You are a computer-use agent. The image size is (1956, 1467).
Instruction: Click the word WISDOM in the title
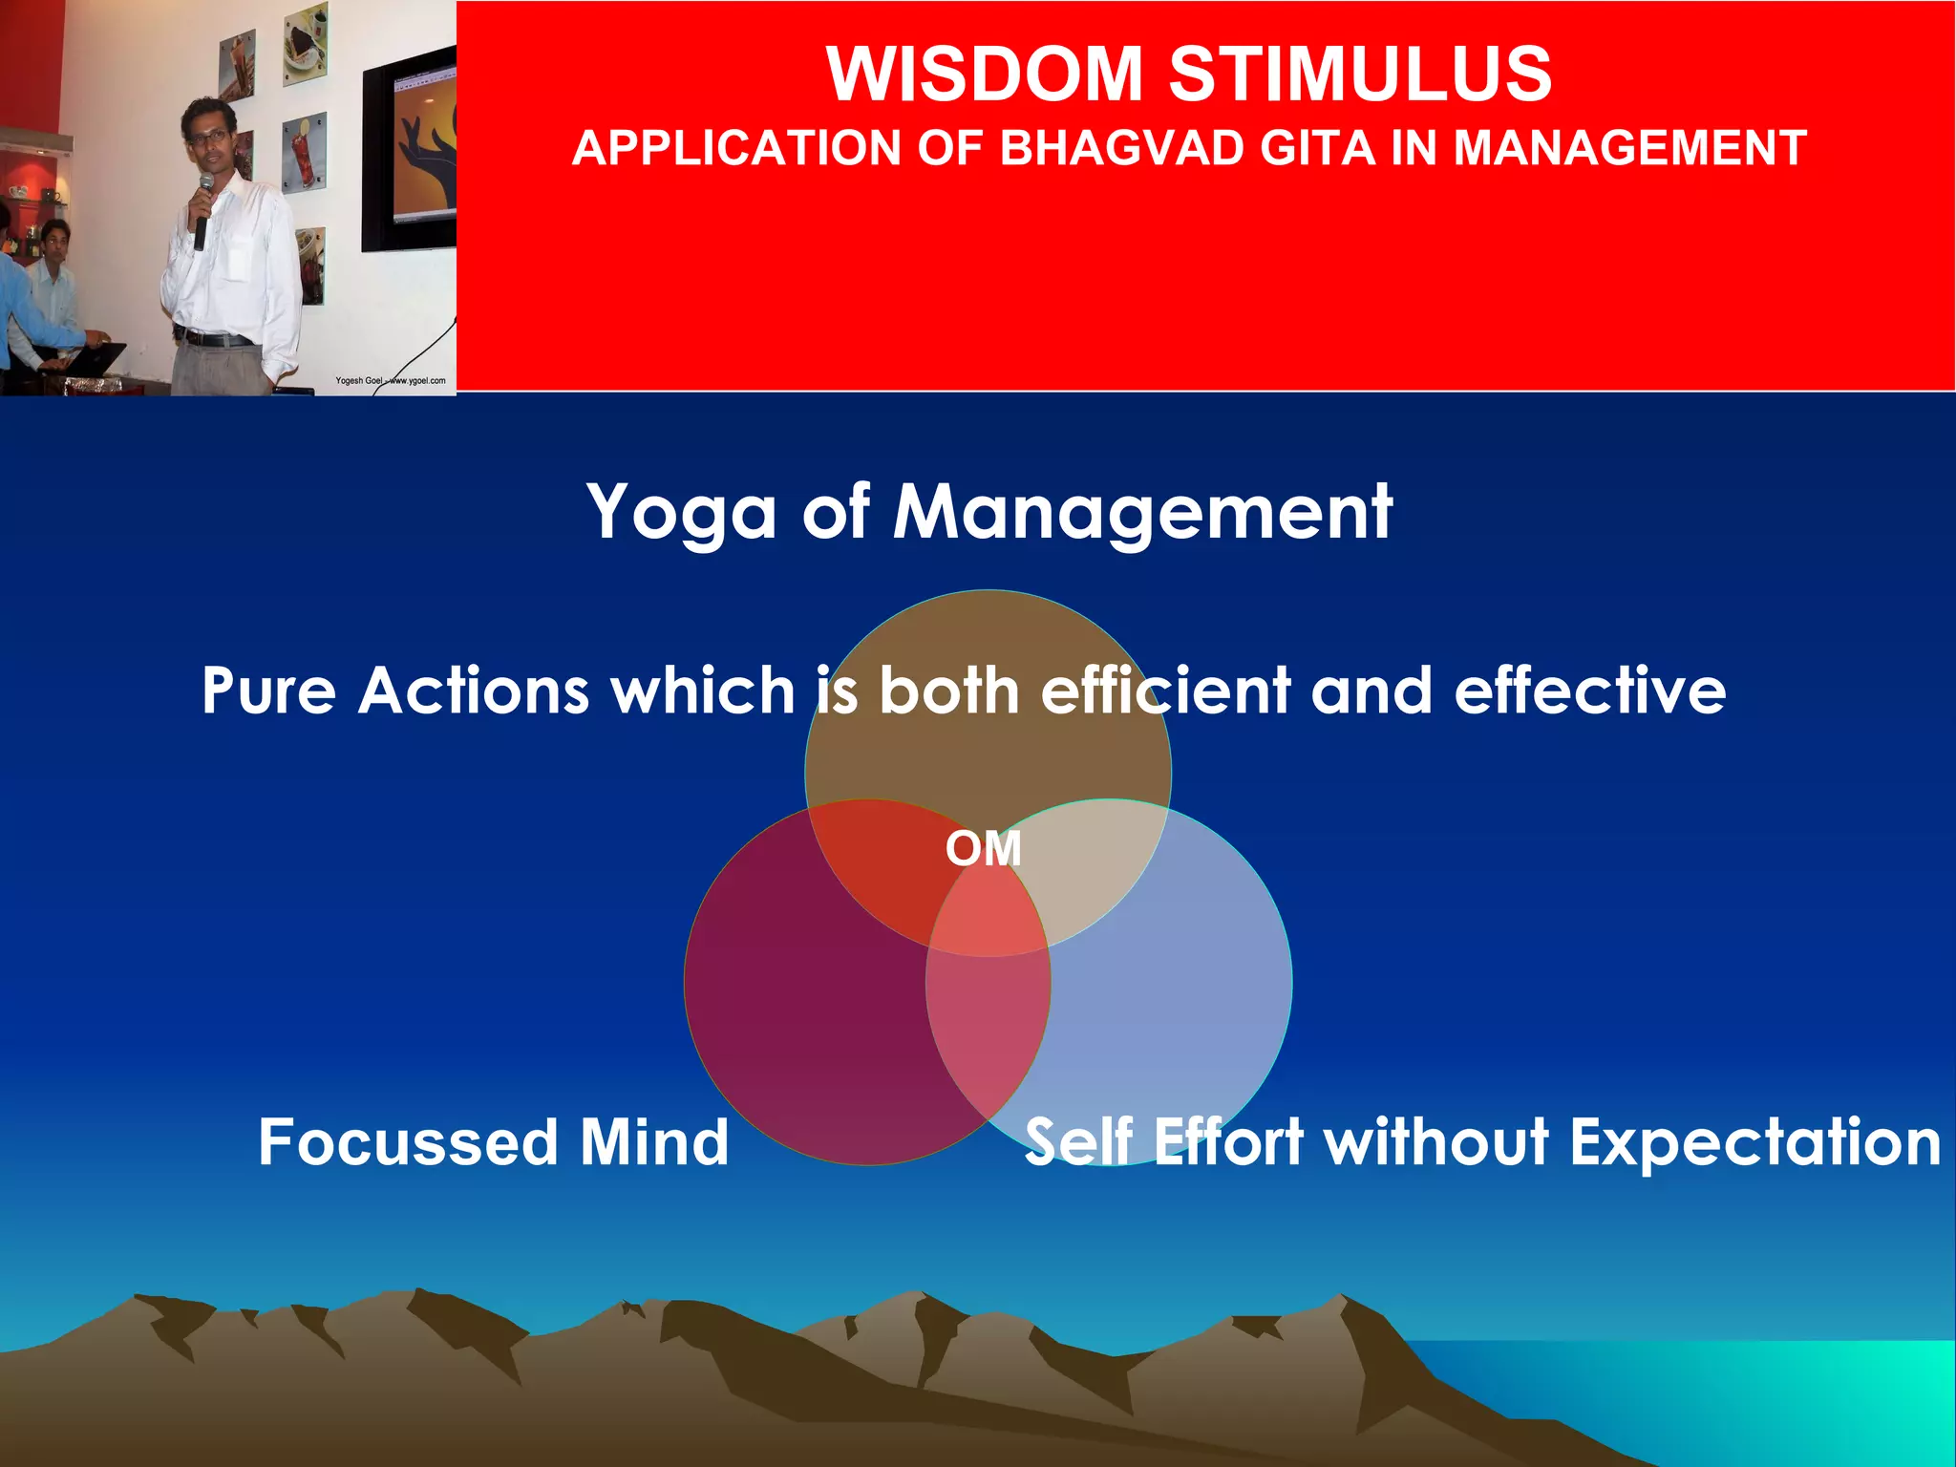(985, 74)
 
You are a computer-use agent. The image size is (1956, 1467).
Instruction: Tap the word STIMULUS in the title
(1360, 74)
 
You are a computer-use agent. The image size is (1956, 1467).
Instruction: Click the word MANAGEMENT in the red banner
(1629, 149)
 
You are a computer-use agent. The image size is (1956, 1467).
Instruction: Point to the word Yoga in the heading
(682, 514)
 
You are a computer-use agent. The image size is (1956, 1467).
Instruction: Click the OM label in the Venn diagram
(984, 849)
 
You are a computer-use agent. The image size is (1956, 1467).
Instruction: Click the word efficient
(1165, 691)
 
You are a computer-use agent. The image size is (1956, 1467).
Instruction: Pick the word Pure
(268, 691)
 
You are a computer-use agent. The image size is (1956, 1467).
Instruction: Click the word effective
(1590, 691)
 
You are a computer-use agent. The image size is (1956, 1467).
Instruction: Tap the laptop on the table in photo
(96, 359)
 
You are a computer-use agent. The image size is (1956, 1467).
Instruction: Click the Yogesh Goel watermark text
(390, 381)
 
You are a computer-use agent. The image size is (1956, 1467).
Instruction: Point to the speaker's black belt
(215, 338)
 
